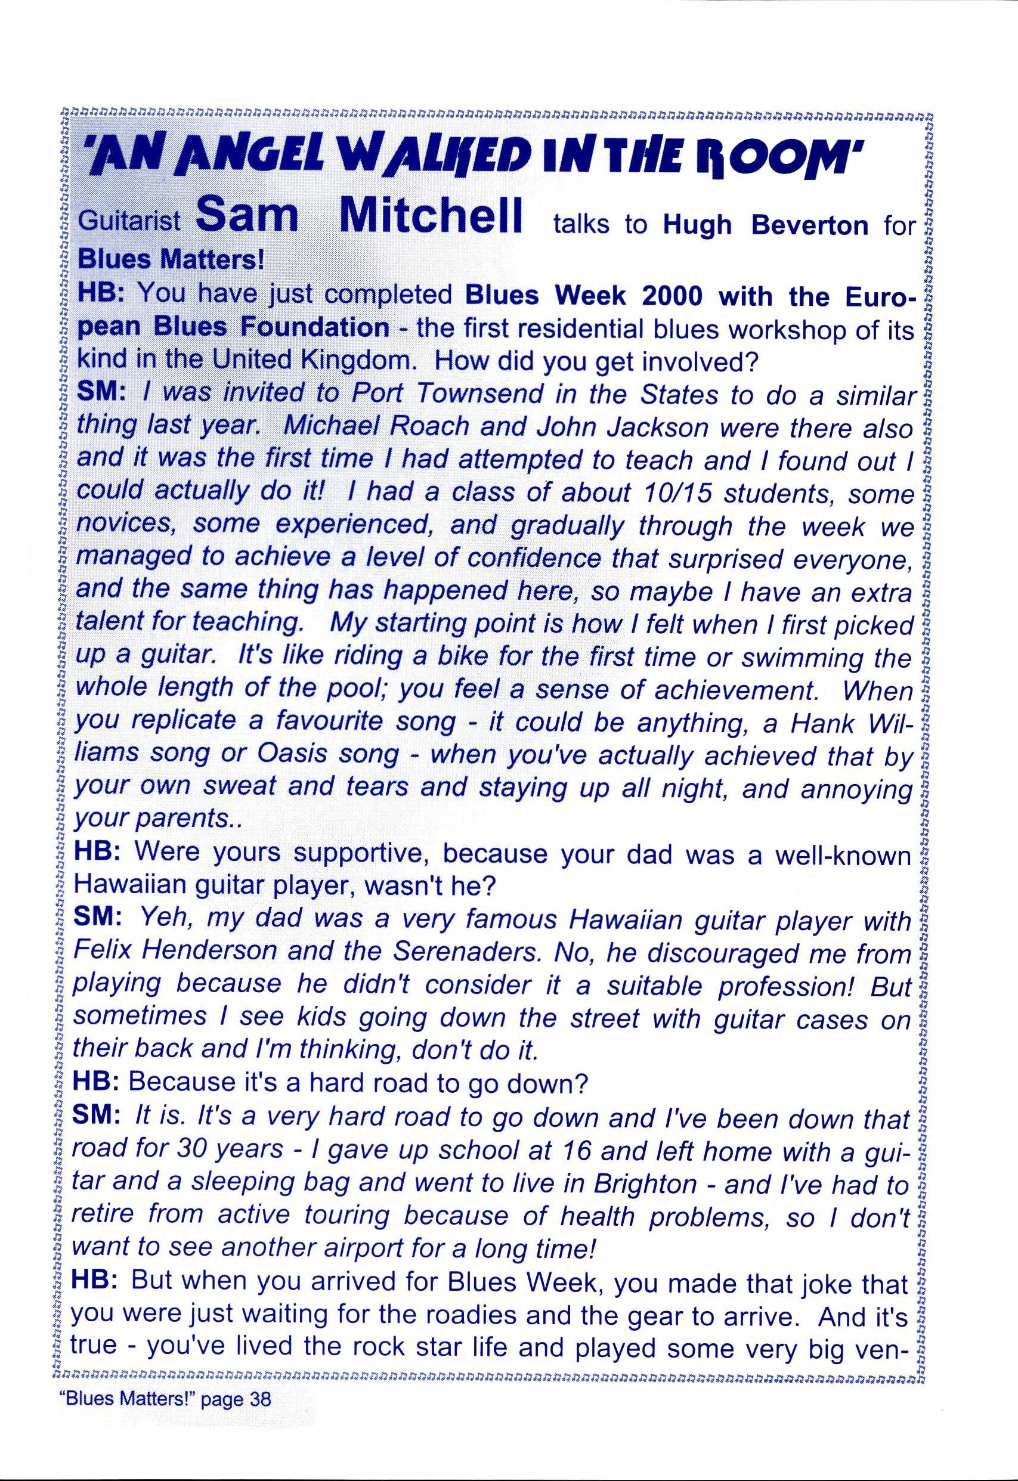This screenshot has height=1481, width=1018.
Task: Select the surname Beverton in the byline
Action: click(x=810, y=225)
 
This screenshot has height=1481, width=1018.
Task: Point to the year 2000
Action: click(x=662, y=296)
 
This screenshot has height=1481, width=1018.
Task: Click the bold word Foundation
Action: click(x=315, y=328)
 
